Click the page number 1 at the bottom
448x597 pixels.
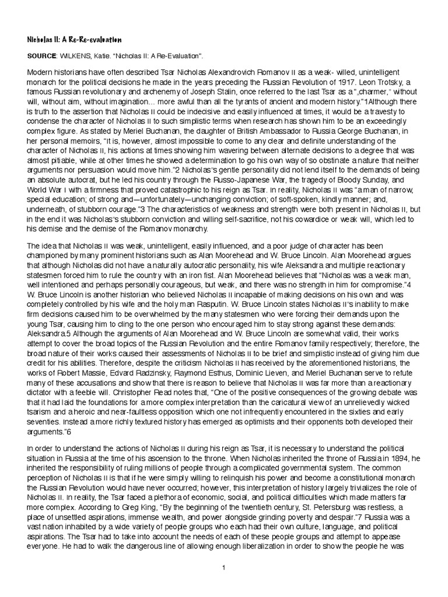[x=224, y=567]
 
